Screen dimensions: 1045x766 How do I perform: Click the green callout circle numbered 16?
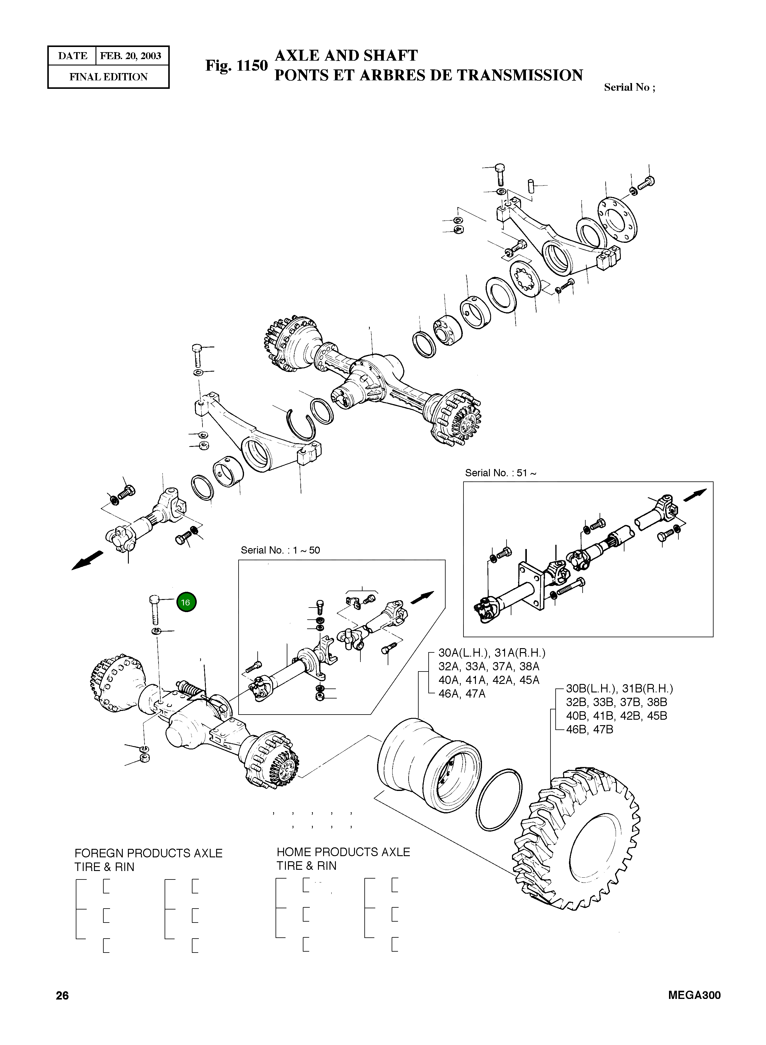186,602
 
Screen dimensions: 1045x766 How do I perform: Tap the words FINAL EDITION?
109,77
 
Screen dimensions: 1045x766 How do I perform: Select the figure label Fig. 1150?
236,66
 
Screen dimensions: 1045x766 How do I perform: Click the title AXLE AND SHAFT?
346,56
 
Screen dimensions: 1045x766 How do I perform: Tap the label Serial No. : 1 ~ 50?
280,550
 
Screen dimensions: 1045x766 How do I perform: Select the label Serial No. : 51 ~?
500,473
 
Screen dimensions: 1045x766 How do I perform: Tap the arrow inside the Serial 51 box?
695,495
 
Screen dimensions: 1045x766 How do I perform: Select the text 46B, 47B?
589,729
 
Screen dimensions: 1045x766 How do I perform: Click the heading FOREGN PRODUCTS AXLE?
148,853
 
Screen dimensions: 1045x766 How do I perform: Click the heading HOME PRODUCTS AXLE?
343,852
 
